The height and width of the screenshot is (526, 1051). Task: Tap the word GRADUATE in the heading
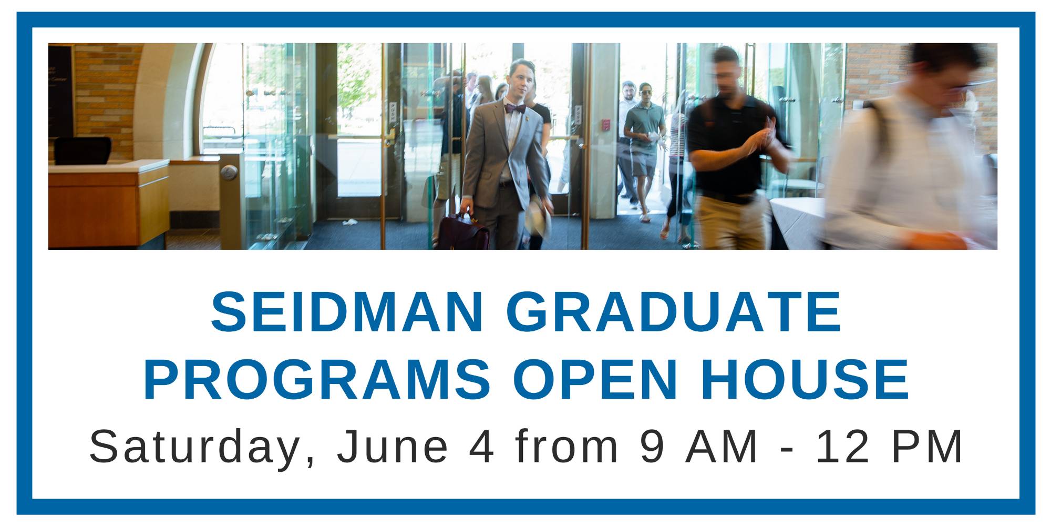click(674, 312)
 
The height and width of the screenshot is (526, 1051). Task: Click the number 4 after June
click(482, 447)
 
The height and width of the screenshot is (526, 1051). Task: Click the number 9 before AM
click(652, 447)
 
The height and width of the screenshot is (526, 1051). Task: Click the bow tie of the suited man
click(515, 109)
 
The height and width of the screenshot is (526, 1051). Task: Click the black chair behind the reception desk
click(83, 151)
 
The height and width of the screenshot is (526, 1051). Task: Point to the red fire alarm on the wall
click(606, 125)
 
